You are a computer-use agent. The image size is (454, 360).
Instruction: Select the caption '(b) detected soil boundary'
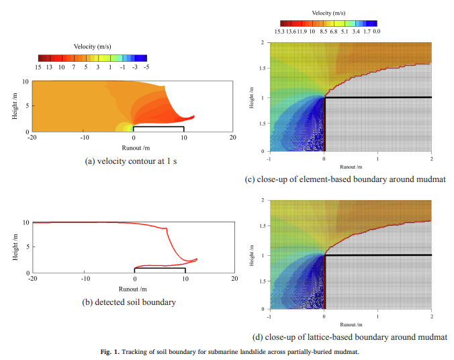click(129, 302)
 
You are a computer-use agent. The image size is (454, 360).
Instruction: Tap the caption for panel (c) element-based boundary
click(345, 179)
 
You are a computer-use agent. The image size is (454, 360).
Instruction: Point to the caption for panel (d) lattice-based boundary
click(346, 336)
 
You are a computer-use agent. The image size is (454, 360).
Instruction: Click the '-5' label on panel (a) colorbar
click(146, 67)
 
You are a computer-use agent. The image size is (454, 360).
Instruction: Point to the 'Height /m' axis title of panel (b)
click(15, 247)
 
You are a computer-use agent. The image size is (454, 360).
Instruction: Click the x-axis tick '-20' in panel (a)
click(32, 138)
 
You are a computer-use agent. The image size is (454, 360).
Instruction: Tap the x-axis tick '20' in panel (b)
click(233, 279)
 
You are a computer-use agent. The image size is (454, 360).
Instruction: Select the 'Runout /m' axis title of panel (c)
click(351, 166)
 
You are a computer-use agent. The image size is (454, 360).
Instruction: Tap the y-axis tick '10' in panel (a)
click(26, 81)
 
